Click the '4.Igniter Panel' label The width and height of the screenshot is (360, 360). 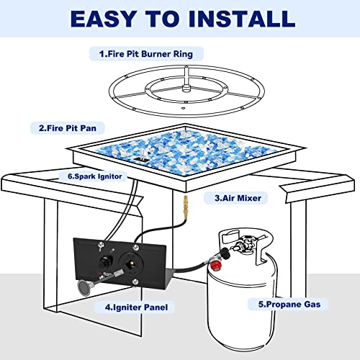coord(136,307)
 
